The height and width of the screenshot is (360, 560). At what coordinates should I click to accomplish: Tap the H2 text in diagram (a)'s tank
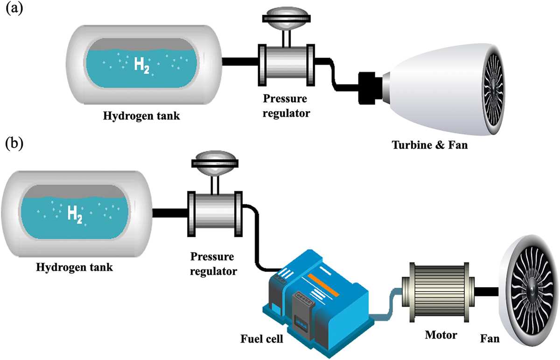pyautogui.click(x=142, y=65)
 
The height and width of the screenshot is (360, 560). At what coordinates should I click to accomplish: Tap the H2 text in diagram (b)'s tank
pyautogui.click(x=75, y=215)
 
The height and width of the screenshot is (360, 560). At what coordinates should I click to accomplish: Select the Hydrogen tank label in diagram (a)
pyautogui.click(x=141, y=116)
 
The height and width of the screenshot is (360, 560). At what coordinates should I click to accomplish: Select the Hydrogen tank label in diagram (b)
pyautogui.click(x=74, y=267)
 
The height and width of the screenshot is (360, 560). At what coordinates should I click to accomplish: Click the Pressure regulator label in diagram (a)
pyautogui.click(x=286, y=106)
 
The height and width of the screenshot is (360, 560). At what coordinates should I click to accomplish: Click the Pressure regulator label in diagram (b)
pyautogui.click(x=213, y=264)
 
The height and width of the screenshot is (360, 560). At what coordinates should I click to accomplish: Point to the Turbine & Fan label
pyautogui.click(x=429, y=145)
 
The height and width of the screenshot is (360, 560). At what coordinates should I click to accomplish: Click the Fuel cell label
pyautogui.click(x=261, y=339)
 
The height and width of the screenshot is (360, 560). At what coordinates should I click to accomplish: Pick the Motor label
pyautogui.click(x=441, y=335)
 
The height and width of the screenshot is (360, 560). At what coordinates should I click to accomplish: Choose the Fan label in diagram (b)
pyautogui.click(x=490, y=339)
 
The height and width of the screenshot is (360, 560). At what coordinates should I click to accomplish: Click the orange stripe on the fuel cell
pyautogui.click(x=323, y=285)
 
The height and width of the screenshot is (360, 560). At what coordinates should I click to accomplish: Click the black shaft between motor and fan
pyautogui.click(x=486, y=292)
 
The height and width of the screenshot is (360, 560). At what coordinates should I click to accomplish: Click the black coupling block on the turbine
pyautogui.click(x=371, y=88)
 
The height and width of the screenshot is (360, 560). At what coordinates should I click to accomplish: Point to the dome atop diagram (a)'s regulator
pyautogui.click(x=287, y=17)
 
